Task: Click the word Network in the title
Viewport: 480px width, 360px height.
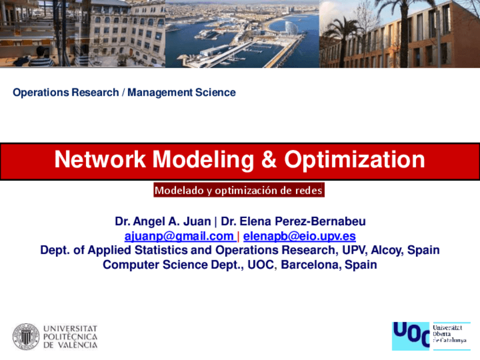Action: pyautogui.click(x=100, y=160)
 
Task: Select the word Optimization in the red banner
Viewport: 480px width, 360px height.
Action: pyautogui.click(x=354, y=160)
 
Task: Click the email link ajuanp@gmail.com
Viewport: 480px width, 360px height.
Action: pyautogui.click(x=179, y=236)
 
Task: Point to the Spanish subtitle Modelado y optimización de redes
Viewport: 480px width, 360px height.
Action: pyautogui.click(x=239, y=191)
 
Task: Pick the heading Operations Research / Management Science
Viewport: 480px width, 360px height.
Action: pyautogui.click(x=124, y=92)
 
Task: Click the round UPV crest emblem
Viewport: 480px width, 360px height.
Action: pyautogui.click(x=26, y=337)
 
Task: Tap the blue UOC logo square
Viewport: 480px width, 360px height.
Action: pyautogui.click(x=410, y=336)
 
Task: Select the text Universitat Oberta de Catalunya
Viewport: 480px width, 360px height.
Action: pyautogui.click(x=450, y=334)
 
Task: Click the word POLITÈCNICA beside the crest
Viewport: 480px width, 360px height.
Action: pyautogui.click(x=70, y=337)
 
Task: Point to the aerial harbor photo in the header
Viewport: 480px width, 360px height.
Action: pyautogui.click(x=242, y=34)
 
